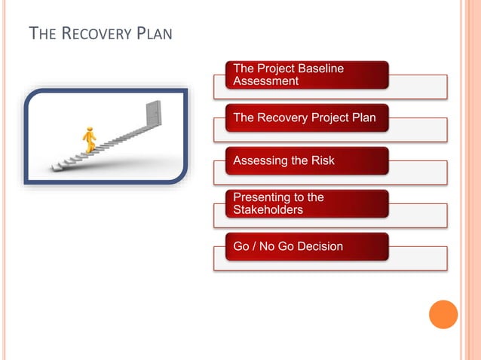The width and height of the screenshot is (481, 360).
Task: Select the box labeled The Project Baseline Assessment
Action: [307, 75]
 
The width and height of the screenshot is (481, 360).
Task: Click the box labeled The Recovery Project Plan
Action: [307, 117]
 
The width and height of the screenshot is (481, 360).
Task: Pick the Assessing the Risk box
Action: [307, 160]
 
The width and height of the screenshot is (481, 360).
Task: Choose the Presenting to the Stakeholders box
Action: [307, 203]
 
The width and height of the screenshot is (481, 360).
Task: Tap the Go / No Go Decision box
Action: [307, 246]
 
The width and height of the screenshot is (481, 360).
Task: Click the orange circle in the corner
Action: [443, 314]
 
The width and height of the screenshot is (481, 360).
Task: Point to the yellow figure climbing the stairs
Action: [90, 140]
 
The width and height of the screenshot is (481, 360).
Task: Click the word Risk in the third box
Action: [321, 160]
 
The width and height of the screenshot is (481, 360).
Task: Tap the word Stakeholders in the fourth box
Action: [268, 209]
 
